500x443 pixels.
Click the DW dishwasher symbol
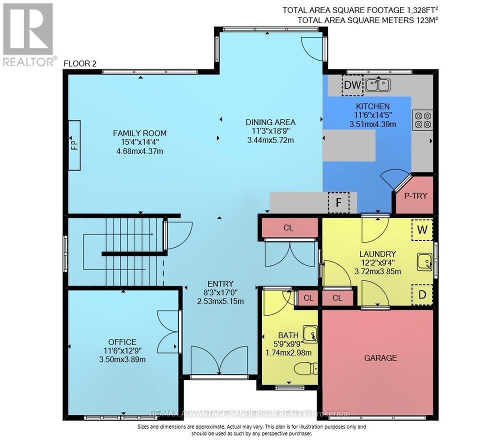pyautogui.click(x=352, y=85)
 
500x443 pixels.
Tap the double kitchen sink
pyautogui.click(x=377, y=85)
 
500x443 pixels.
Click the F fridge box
pyautogui.click(x=338, y=202)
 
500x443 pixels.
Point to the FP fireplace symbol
pyautogui.click(x=74, y=145)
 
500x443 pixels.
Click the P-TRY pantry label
pyautogui.click(x=415, y=195)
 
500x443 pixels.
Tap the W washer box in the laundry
pyautogui.click(x=422, y=230)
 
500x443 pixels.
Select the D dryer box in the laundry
pyautogui.click(x=422, y=294)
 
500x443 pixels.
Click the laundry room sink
pyautogui.click(x=424, y=261)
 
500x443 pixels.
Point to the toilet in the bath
pyautogui.click(x=305, y=369)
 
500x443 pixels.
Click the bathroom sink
pyautogui.click(x=310, y=333)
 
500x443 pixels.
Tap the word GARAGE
pyautogui.click(x=380, y=357)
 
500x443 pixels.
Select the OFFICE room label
pyautogui.click(x=122, y=342)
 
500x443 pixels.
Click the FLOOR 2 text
pyautogui.click(x=80, y=63)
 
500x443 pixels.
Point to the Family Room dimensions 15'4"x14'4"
pyautogui.click(x=139, y=142)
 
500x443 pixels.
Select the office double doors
pyautogui.click(x=168, y=331)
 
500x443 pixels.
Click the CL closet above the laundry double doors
pyautogui.click(x=288, y=227)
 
